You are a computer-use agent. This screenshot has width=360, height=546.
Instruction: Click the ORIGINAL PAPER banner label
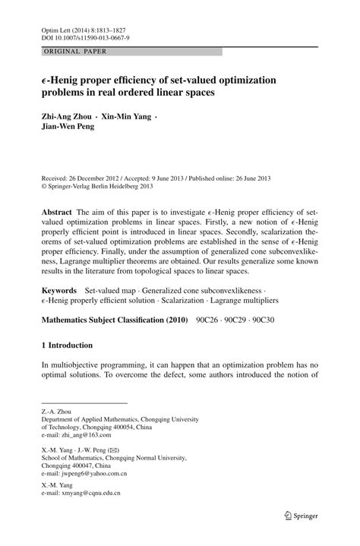[x=74, y=52]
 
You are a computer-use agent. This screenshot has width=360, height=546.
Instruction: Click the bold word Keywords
[x=59, y=291]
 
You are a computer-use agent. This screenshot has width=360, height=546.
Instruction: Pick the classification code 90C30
[x=261, y=320]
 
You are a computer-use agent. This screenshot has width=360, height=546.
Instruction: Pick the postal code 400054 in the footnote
[x=114, y=427]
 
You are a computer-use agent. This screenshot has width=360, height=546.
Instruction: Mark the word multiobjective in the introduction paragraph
[x=72, y=365]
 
